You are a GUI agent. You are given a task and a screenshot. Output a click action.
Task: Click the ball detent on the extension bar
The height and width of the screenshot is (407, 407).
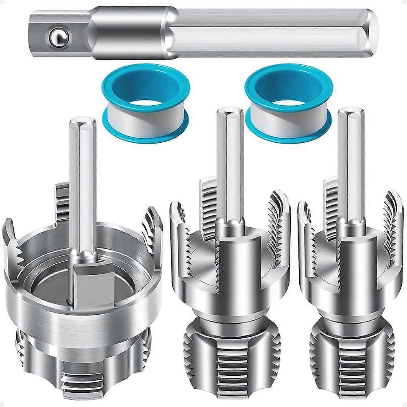pyautogui.click(x=57, y=37)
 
